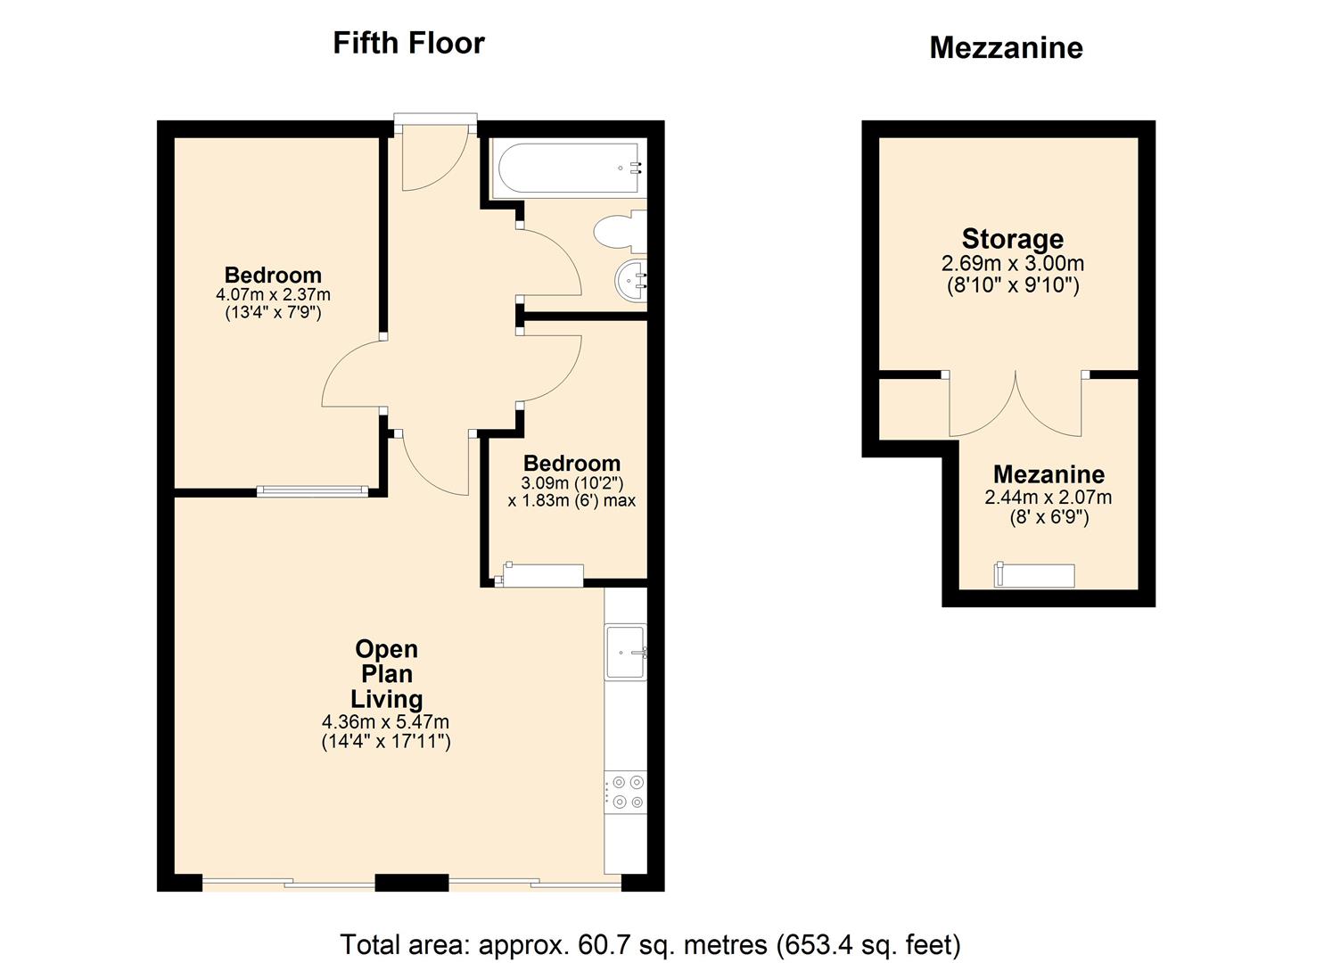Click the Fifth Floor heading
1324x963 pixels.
coord(408,43)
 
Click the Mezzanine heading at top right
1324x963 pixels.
coord(1006,47)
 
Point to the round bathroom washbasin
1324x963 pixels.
coord(632,281)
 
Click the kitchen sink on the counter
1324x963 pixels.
coord(626,652)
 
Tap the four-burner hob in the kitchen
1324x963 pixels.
coord(626,792)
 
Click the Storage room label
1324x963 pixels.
coord(1012,239)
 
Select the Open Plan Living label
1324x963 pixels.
coord(386,673)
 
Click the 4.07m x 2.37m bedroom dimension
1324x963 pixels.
coord(273,294)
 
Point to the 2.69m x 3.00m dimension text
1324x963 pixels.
coord(1012,264)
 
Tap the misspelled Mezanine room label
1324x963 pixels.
coord(1049,474)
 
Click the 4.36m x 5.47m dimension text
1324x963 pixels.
coord(386,721)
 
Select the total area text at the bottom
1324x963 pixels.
coord(650,944)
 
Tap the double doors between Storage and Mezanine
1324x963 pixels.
coord(1016,406)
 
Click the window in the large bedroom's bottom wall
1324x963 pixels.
coord(312,490)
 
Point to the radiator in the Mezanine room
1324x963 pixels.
coord(1035,575)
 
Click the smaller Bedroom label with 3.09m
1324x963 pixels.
coord(572,463)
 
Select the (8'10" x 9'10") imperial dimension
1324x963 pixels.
coord(1012,286)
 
